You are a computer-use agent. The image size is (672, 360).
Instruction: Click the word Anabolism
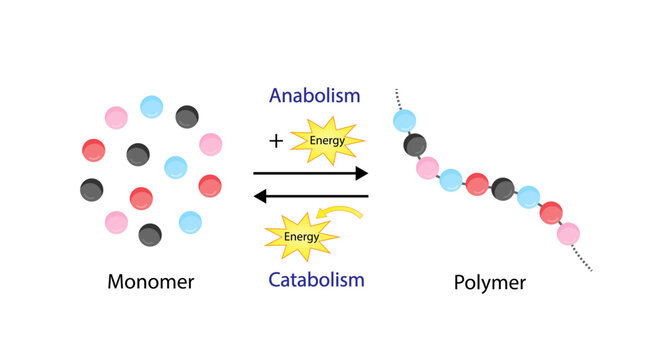[x=314, y=96]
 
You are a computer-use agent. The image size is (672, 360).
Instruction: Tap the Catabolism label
[x=315, y=279]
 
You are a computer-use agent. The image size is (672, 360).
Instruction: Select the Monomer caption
[x=151, y=282]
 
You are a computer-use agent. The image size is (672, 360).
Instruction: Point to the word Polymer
[x=489, y=282]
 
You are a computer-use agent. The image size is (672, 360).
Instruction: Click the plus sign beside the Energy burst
[x=276, y=141]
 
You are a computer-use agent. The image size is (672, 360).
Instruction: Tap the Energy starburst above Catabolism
[x=300, y=236]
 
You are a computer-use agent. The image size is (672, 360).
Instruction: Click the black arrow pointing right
[x=311, y=173]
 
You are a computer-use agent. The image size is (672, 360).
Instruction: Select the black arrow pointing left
[x=311, y=196]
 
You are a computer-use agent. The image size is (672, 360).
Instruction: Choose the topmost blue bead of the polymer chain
[x=405, y=121]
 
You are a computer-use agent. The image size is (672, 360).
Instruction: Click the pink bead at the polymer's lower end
[x=568, y=233]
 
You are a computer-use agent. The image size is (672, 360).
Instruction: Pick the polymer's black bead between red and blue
[x=503, y=187]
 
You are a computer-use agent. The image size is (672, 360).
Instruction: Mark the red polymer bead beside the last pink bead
[x=551, y=212]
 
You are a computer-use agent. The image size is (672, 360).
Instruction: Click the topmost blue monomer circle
[x=152, y=106]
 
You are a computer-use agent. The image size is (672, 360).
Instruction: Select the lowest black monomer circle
[x=150, y=234]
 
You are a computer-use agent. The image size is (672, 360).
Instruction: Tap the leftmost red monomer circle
[x=93, y=151]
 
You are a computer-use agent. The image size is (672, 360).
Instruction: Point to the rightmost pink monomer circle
[x=210, y=144]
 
